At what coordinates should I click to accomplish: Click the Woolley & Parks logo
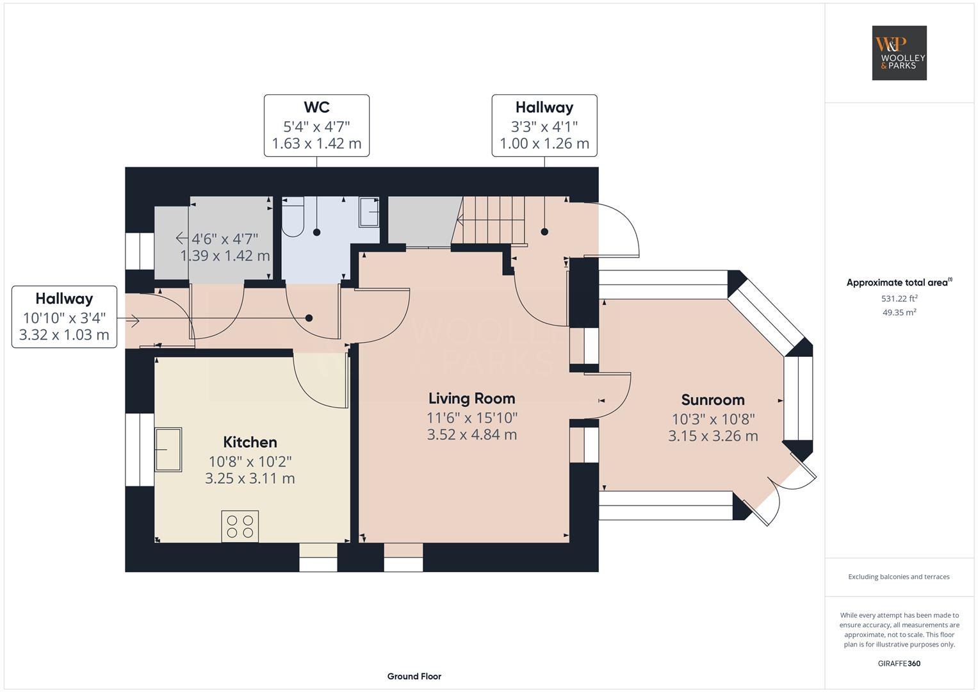899,53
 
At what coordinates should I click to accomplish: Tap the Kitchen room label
250,442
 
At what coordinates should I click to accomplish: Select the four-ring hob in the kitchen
240,527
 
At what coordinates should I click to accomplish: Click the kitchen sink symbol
168,449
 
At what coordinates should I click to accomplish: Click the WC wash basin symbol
370,212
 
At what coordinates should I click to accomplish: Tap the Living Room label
471,399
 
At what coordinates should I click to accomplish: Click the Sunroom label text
713,400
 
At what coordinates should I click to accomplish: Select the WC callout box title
316,107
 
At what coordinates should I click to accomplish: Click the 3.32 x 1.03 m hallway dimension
64,334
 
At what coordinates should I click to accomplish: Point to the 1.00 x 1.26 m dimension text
544,144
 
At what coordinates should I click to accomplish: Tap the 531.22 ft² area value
899,299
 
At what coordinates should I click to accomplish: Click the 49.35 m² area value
899,313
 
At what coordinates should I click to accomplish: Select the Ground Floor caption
414,676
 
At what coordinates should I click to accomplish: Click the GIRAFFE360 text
899,663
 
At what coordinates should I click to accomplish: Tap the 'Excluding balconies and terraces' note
899,577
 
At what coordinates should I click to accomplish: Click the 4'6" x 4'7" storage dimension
225,239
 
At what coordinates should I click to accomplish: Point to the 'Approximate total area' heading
899,283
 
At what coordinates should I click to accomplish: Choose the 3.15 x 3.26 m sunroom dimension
713,436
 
